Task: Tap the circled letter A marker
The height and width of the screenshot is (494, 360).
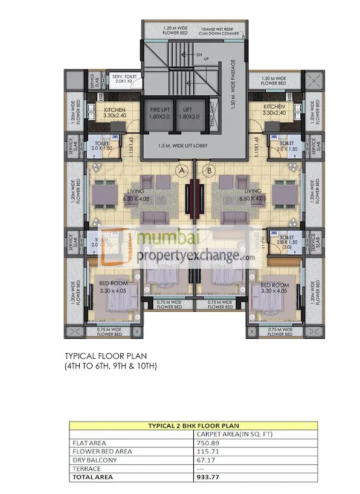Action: coord(181,170)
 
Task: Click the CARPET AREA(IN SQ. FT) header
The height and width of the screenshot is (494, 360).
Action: coord(231,433)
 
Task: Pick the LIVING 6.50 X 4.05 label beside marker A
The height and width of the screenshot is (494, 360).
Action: coord(152,194)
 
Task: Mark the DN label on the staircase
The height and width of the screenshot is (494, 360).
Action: coord(198,54)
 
